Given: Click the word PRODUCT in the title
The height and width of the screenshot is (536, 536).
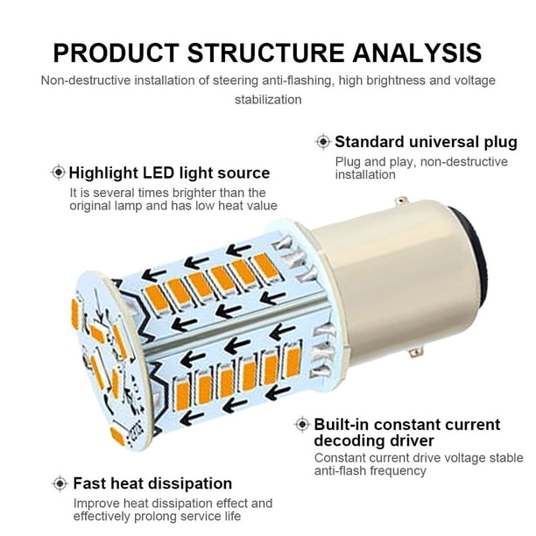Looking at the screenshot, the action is [x=116, y=53].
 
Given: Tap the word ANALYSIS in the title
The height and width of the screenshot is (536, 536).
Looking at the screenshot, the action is [x=417, y=53].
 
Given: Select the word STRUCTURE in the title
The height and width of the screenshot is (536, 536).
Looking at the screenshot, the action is [x=266, y=53].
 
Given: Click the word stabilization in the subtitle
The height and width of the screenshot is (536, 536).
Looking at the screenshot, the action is [x=268, y=100].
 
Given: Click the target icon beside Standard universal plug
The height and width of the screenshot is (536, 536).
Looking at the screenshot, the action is [x=323, y=142].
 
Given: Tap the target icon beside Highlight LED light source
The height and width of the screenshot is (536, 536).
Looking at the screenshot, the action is [x=59, y=173].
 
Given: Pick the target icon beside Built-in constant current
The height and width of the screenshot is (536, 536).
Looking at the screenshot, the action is [x=302, y=424].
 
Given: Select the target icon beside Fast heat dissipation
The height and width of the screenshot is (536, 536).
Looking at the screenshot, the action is [x=60, y=483].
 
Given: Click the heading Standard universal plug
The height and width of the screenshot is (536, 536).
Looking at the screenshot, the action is [x=426, y=142].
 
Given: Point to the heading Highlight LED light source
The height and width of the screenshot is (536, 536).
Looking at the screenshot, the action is [x=169, y=173].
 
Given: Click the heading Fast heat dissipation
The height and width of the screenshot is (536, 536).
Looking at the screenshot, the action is [x=152, y=483].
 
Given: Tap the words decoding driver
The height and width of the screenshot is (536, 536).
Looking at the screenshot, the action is [x=374, y=441].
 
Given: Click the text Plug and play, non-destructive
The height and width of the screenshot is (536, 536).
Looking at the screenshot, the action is [x=421, y=162].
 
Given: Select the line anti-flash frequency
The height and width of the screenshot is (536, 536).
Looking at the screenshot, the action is [x=370, y=470].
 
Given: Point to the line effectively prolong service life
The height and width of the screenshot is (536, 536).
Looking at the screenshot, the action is [x=158, y=516].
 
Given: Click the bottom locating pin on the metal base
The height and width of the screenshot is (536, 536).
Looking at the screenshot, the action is [x=416, y=352].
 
